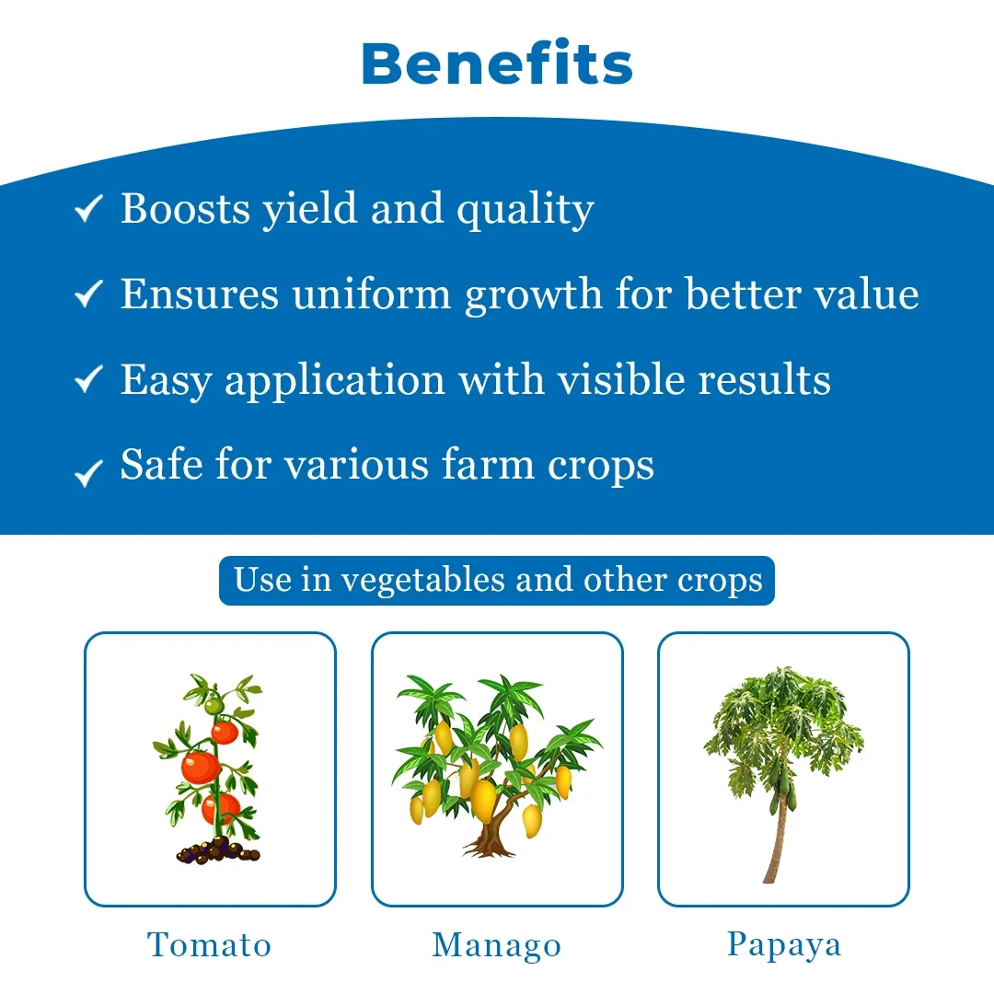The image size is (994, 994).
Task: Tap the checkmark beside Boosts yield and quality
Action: [88, 209]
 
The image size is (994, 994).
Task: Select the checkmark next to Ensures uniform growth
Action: [88, 294]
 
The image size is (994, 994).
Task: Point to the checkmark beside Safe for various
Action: [88, 473]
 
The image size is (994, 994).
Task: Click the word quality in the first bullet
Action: [526, 210]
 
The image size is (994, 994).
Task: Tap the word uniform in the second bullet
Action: [372, 294]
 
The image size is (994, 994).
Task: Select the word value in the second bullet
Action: [866, 294]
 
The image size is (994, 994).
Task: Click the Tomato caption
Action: [210, 944]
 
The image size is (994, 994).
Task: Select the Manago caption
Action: [497, 946]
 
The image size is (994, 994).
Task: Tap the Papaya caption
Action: [784, 945]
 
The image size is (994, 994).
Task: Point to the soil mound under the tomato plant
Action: [218, 850]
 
